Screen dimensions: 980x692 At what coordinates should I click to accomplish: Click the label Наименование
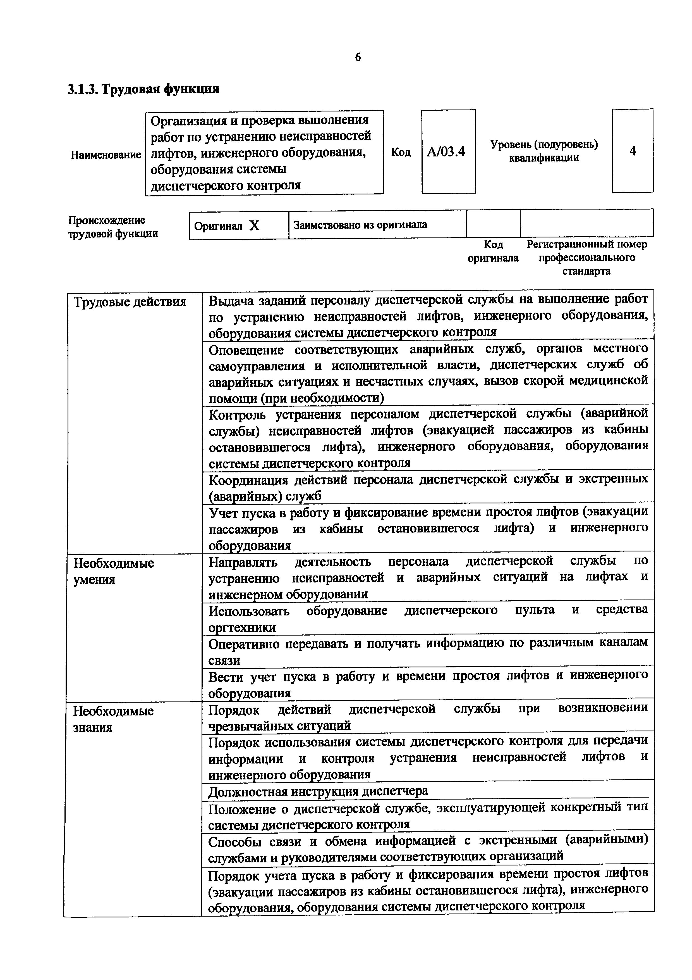[106, 154]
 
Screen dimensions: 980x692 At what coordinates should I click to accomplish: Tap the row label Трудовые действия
[130, 302]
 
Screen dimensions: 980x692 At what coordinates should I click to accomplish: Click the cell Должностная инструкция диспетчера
[318, 791]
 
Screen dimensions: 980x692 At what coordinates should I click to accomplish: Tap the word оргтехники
[242, 627]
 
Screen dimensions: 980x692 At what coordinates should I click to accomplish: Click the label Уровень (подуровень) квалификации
[543, 151]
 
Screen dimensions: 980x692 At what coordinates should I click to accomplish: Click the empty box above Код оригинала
[493, 223]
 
